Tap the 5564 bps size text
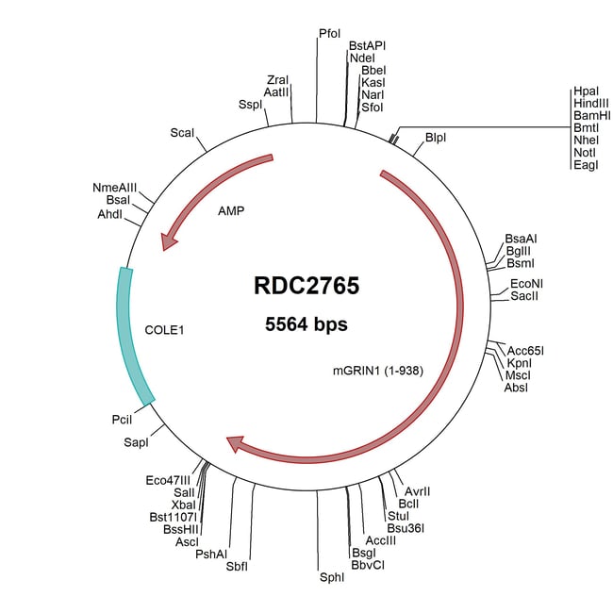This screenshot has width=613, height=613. coord(306,324)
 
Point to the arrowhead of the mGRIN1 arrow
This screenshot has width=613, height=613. coord(236,442)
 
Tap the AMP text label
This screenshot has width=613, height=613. coord(230,211)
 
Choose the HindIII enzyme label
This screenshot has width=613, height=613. coord(591,103)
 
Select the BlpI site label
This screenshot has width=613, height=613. coord(436,138)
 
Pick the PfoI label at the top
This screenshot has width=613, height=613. coord(330,34)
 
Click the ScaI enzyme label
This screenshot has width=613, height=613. coord(182,132)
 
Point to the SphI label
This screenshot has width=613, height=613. coord(332,576)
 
